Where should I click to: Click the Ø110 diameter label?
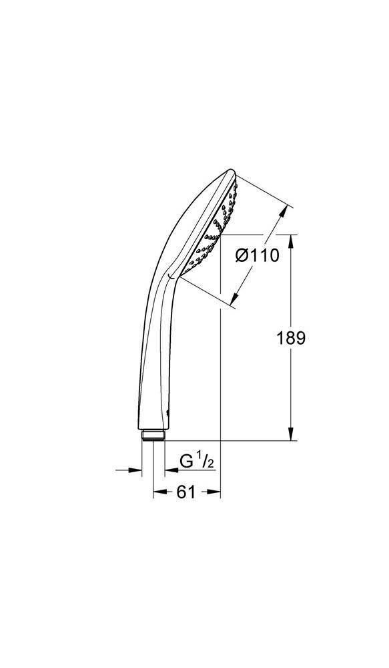click(257, 256)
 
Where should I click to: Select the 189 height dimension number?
click(290, 338)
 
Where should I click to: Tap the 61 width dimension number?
click(186, 492)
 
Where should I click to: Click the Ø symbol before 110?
click(242, 256)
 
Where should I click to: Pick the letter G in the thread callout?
click(187, 461)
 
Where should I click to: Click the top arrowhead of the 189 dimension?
click(292, 239)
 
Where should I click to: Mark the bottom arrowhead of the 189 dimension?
click(292, 436)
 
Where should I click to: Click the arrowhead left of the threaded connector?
click(137, 470)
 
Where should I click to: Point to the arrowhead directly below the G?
click(160, 470)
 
